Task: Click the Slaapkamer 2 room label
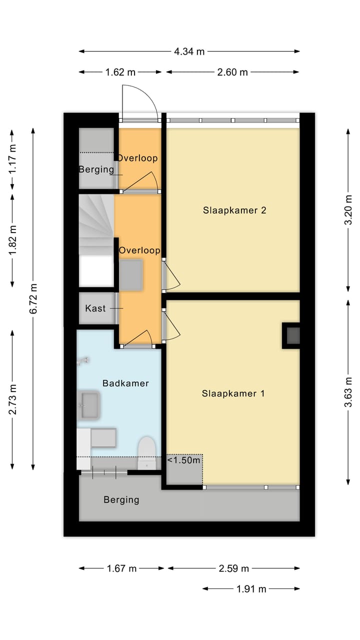[234, 210]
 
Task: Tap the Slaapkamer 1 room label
[233, 393]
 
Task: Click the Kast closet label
[95, 308]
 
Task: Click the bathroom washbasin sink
[90, 404]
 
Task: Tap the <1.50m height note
[184, 460]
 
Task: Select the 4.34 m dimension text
[189, 51]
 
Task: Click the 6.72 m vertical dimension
[33, 298]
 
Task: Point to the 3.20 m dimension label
[348, 210]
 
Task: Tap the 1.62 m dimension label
[120, 72]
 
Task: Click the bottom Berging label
[121, 499]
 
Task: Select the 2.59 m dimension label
[233, 568]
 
